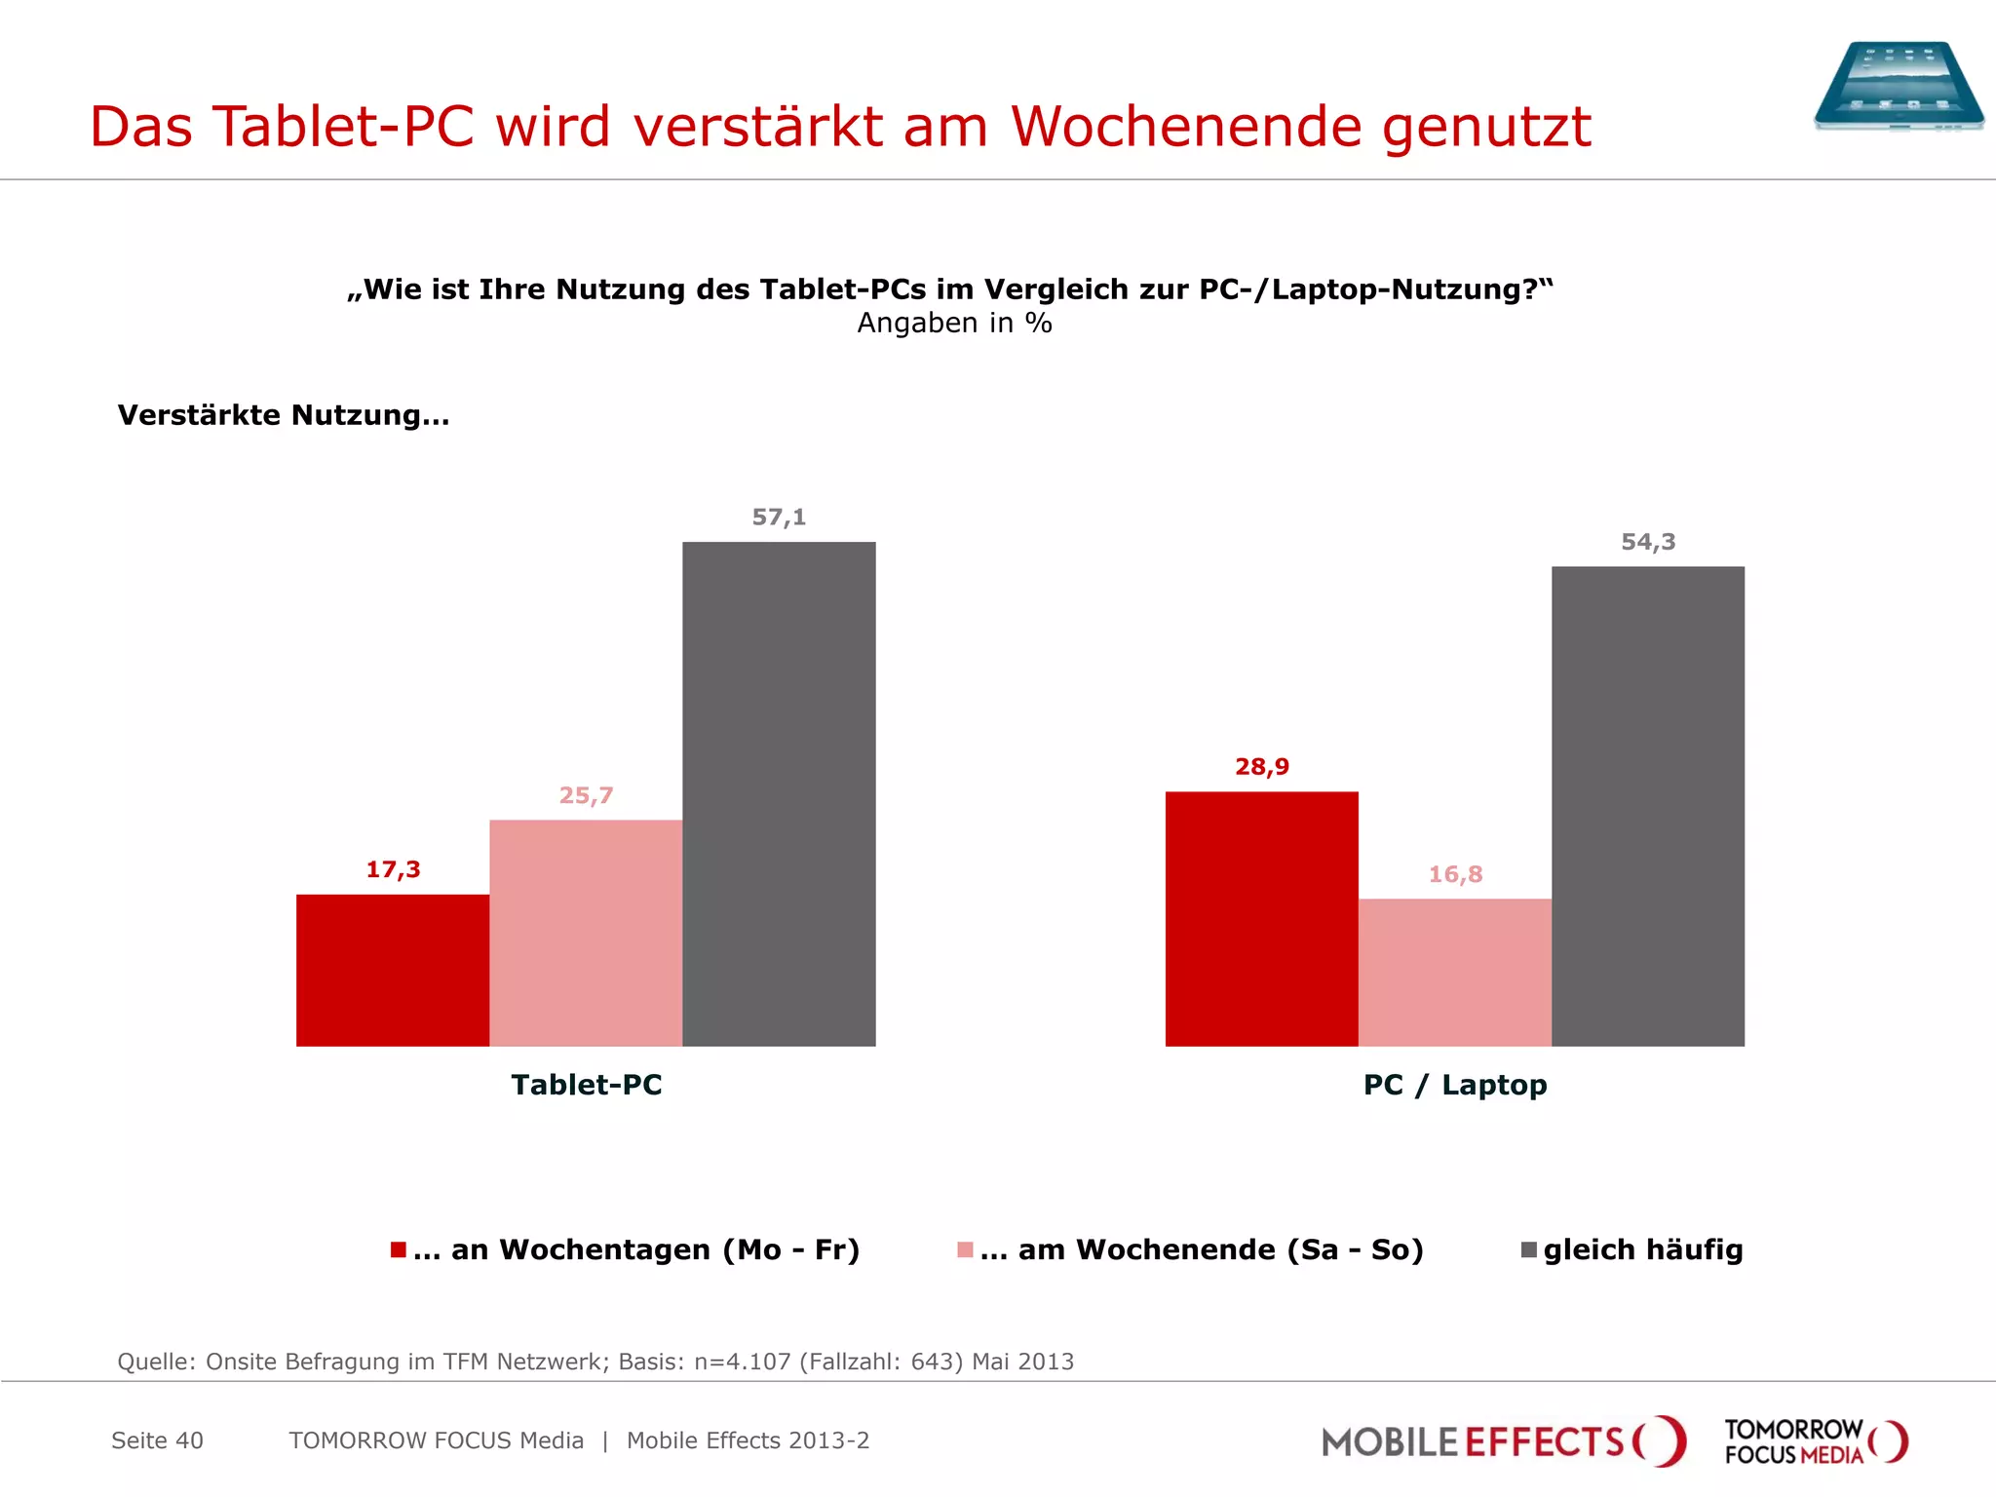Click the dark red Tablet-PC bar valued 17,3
click(x=393, y=970)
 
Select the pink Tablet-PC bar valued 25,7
click(x=586, y=933)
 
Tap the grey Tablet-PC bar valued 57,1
click(x=779, y=793)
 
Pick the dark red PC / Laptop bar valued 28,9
click(x=1261, y=918)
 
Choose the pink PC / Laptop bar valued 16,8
click(x=1454, y=972)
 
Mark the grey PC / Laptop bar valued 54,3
click(x=1647, y=806)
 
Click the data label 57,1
click(x=779, y=518)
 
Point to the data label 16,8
click(x=1455, y=874)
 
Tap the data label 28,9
click(x=1262, y=767)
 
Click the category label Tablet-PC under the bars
click(x=587, y=1085)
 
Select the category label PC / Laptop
click(x=1454, y=1085)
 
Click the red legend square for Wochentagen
click(x=398, y=1249)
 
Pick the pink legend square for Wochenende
click(x=965, y=1249)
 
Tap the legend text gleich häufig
click(x=1642, y=1249)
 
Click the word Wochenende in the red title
click(x=1186, y=127)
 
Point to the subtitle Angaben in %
click(x=954, y=324)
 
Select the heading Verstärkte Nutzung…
click(x=284, y=415)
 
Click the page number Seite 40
click(x=157, y=1440)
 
